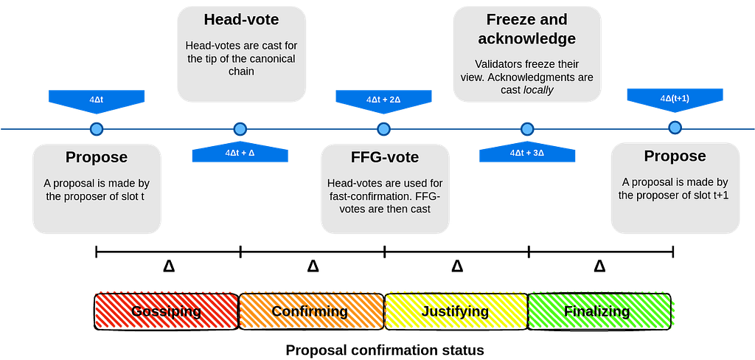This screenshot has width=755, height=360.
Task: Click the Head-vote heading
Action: (241, 19)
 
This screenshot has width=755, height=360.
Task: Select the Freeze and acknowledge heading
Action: (526, 29)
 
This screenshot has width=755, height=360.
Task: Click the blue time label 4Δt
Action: (97, 98)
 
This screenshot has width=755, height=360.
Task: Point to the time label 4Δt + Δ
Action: (240, 153)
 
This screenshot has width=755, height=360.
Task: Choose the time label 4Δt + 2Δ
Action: (383, 98)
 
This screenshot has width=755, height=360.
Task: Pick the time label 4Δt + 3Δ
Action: (527, 153)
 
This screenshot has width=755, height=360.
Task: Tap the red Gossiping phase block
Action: (167, 311)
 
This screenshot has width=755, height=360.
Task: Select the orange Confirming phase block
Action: (310, 311)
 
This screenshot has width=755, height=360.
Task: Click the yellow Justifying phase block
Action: (455, 311)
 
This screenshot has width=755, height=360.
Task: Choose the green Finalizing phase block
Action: (597, 311)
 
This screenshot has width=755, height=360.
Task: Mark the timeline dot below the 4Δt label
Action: (97, 129)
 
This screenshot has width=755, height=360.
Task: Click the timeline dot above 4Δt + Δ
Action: (240, 129)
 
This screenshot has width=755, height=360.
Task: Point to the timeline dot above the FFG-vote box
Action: (383, 129)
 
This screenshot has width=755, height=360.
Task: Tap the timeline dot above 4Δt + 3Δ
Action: (527, 129)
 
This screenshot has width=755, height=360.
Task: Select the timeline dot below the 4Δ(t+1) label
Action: (675, 128)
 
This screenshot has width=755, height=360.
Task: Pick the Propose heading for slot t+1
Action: (675, 156)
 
